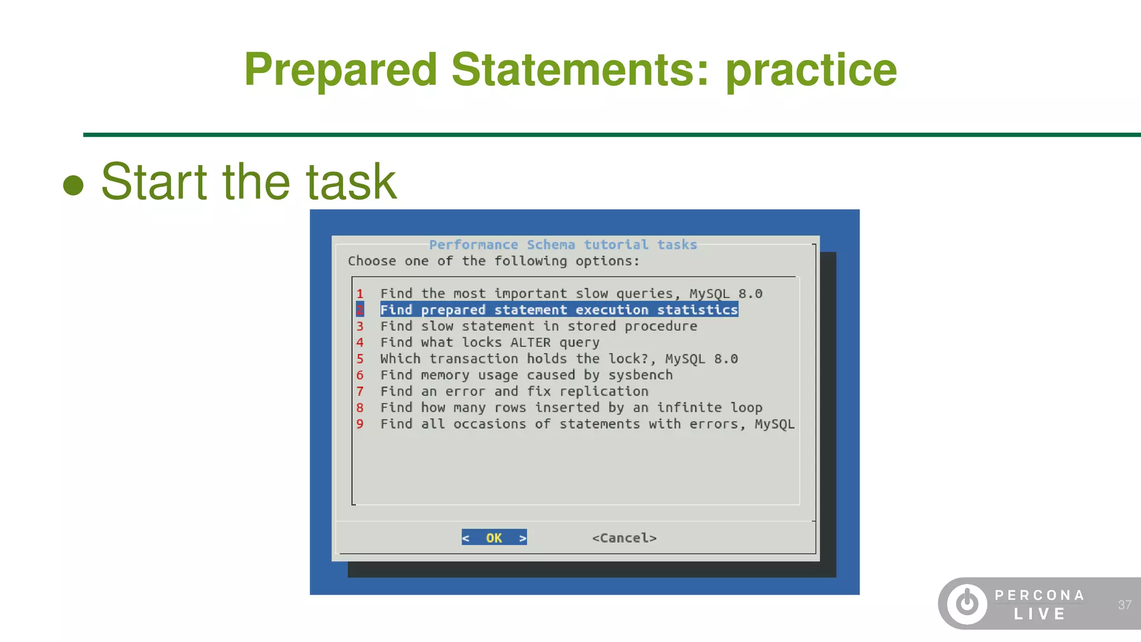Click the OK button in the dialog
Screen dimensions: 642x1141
click(x=494, y=538)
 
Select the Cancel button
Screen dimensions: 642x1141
click(x=624, y=538)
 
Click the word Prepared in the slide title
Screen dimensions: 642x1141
click(x=340, y=70)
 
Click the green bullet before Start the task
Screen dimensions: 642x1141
click(x=73, y=185)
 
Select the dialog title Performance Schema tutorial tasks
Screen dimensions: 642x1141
click(x=563, y=245)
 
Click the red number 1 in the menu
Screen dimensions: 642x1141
click(x=360, y=294)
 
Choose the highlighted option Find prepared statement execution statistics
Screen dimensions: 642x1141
click(x=559, y=310)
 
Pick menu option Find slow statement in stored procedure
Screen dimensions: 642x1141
click(x=538, y=326)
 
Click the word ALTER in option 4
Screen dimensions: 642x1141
click(x=530, y=342)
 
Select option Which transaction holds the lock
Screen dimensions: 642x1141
click(x=559, y=359)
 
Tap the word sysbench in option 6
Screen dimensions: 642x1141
click(x=640, y=375)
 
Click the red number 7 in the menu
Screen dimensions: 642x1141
click(x=360, y=391)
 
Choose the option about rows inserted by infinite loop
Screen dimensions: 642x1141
click(x=571, y=407)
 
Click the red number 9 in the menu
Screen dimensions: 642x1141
click(x=360, y=424)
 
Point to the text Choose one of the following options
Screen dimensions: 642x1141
click(x=494, y=261)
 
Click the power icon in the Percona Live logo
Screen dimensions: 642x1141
click(x=967, y=604)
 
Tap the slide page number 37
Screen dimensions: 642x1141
click(x=1124, y=605)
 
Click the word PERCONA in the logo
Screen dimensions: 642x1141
click(x=1040, y=595)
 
